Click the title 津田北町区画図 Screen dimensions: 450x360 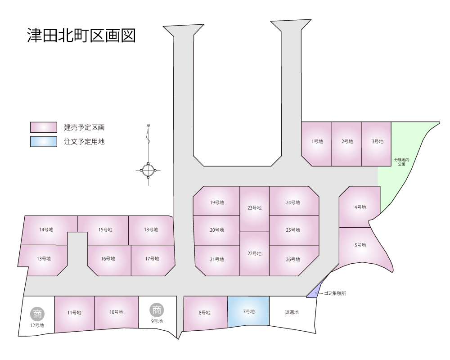click(81, 36)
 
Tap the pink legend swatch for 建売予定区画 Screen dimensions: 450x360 click(44, 127)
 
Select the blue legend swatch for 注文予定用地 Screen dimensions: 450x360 click(44, 142)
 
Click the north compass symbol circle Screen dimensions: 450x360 click(148, 170)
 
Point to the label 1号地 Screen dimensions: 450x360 click(317, 141)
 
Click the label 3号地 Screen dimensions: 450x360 click(378, 141)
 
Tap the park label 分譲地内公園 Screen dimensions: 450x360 click(401, 162)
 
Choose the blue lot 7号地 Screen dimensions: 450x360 click(248, 312)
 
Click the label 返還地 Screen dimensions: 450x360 click(292, 312)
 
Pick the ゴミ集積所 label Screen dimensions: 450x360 click(335, 293)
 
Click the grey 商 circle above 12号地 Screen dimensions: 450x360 click(37, 314)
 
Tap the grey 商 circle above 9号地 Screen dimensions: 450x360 click(157, 310)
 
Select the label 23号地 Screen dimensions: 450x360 click(254, 207)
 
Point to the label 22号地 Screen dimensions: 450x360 click(254, 253)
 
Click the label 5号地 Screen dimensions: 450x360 click(360, 245)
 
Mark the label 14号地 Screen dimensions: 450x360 click(46, 229)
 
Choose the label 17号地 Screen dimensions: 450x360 click(152, 259)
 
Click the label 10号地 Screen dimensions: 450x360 click(116, 312)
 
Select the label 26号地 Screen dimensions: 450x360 click(293, 259)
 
